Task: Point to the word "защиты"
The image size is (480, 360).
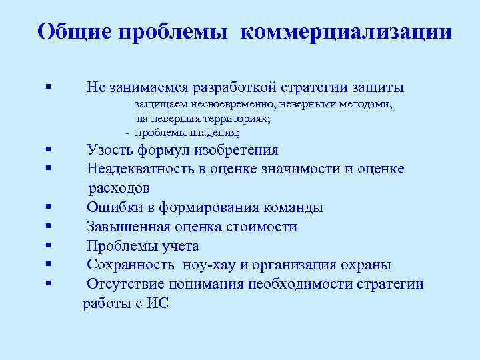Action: coord(379,87)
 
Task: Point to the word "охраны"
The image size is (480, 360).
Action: coord(366,265)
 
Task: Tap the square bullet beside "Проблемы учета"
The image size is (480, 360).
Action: coord(49,246)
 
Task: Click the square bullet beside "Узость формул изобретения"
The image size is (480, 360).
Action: coord(49,150)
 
